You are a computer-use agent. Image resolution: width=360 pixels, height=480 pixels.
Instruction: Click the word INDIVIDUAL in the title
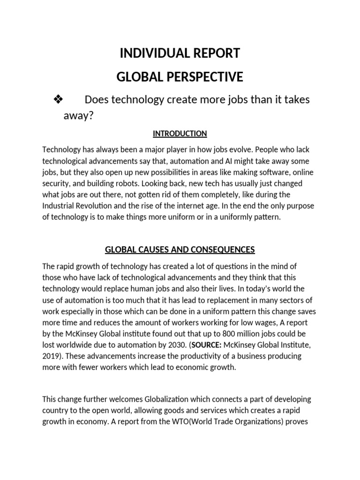click(150, 53)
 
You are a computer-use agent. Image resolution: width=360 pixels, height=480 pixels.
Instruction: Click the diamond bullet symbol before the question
click(59, 100)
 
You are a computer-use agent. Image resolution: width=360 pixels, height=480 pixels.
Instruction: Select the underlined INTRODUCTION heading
click(180, 134)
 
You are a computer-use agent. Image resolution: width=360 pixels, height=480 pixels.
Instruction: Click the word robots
click(153, 183)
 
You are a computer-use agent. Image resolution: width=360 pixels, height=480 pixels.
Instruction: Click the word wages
click(265, 323)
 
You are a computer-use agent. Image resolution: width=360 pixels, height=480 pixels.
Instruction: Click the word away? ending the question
click(79, 116)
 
